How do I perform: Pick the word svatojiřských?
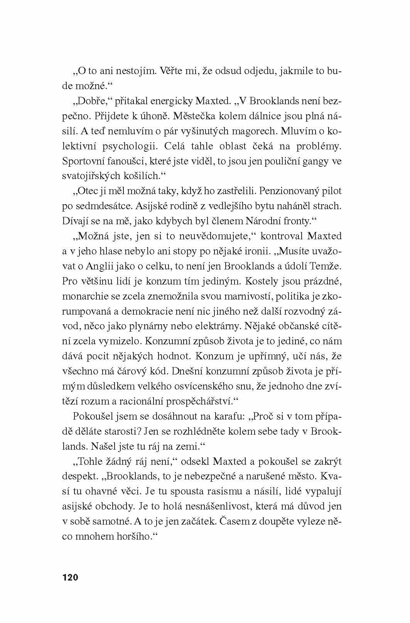click(93, 176)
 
